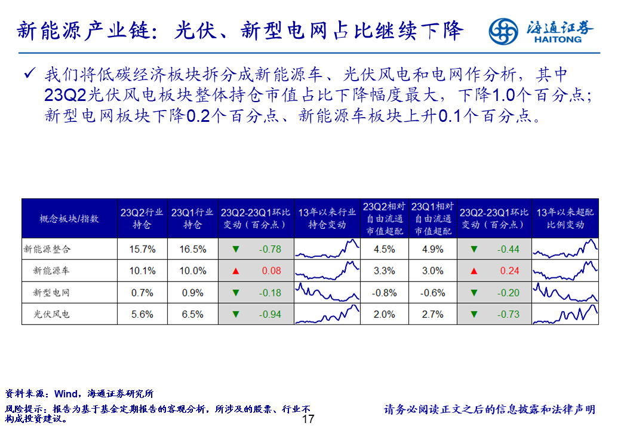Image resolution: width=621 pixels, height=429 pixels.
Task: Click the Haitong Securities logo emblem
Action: pos(503,31)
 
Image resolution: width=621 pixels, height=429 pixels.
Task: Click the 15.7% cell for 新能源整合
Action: pos(142,249)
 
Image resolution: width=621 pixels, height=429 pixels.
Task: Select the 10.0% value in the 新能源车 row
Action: pos(193,271)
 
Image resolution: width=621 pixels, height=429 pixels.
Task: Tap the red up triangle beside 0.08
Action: pos(235,271)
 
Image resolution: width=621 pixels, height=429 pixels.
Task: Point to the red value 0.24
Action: pos(509,271)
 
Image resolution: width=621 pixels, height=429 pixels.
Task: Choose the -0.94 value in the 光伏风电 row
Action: pos(270,314)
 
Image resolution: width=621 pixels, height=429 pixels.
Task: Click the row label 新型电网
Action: pos(51,293)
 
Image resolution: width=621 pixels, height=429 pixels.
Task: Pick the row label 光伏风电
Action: pos(51,314)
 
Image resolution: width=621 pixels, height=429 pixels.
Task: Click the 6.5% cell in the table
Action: pos(193,314)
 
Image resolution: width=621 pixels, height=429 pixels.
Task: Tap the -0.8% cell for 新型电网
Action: pos(384,293)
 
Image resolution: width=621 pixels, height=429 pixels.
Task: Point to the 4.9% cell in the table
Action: pos(433,249)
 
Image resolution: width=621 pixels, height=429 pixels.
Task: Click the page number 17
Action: pos(308,419)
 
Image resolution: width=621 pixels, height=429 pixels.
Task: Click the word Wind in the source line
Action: pos(66,394)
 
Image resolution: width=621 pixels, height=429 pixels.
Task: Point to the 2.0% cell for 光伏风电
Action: pos(384,314)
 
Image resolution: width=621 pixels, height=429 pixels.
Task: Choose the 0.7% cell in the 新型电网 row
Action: pos(142,293)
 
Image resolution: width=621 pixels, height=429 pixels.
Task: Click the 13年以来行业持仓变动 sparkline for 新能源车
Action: pos(328,271)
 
